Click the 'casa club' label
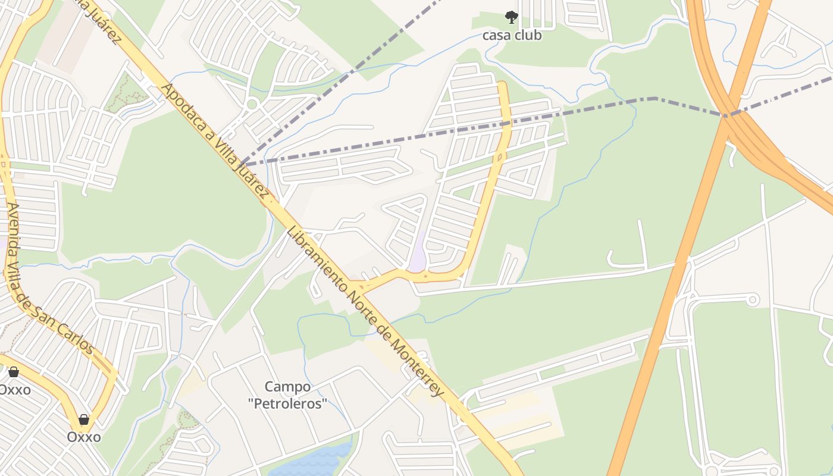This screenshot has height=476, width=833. (512, 35)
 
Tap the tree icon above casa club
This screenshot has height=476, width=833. (511, 17)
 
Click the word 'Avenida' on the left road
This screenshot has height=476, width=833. (13, 226)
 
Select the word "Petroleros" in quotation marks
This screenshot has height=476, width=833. (287, 404)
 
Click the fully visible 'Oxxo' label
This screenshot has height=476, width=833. (83, 437)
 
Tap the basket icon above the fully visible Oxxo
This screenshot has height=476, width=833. (84, 419)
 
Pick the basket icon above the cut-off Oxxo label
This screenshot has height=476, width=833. (13, 372)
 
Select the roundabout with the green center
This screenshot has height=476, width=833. (252, 104)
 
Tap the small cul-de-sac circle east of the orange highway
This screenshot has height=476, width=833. (753, 299)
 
